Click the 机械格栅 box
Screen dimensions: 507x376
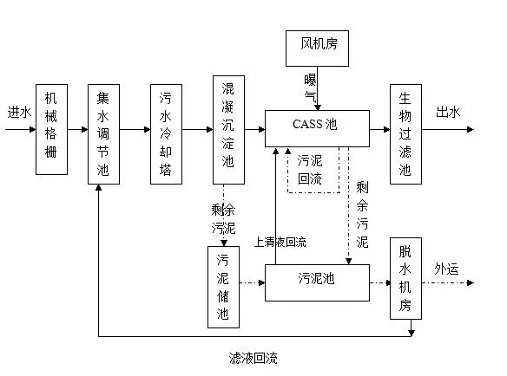coord(51,129)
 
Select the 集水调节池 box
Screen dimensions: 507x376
coord(104,134)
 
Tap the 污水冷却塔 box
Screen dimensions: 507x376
coord(166,134)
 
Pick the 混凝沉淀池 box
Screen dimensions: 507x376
coord(228,130)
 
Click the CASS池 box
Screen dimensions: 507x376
coord(317,128)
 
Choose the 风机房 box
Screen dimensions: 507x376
coord(317,49)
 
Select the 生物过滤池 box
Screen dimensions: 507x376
coord(405,134)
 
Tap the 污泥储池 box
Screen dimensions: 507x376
coord(223,287)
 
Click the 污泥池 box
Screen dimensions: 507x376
coord(317,282)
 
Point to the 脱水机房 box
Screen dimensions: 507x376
coord(405,278)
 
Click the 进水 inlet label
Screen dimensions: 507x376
coord(19,113)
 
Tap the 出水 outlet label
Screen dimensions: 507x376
coord(448,112)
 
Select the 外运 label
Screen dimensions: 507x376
coord(446,269)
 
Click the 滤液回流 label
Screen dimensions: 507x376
coord(253,358)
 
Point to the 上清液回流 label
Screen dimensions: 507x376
coord(280,242)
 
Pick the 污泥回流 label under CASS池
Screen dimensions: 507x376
coord(310,170)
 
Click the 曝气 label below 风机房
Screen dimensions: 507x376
coord(310,88)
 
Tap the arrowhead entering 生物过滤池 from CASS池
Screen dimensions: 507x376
coord(386,129)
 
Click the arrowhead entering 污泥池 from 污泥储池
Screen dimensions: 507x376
coord(261,283)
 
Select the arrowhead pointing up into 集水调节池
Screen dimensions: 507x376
coord(99,187)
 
